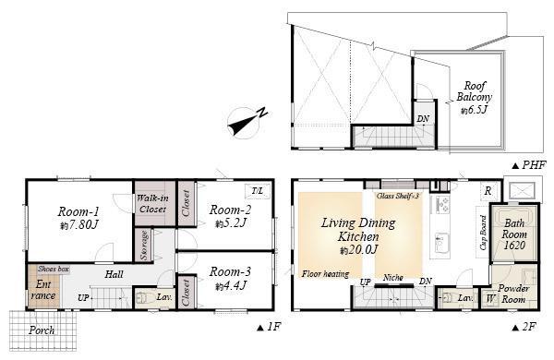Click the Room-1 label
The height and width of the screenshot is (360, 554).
click(78, 210)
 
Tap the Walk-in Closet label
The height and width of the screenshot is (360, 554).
click(151, 203)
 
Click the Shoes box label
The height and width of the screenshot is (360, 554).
click(53, 269)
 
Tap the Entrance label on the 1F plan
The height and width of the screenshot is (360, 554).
click(43, 290)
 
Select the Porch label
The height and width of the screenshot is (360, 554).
click(42, 330)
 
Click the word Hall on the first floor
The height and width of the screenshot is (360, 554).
click(114, 274)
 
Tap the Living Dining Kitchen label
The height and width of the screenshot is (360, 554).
click(357, 230)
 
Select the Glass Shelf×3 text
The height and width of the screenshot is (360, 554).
click(398, 197)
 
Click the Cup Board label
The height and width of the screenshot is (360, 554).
click(482, 233)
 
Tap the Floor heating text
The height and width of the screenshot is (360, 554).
click(324, 273)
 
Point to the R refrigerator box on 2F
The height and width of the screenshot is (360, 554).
click(487, 191)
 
